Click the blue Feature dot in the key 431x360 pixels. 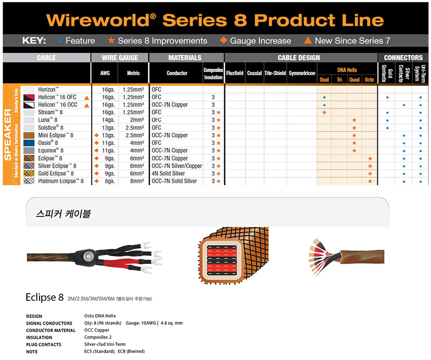(x=60, y=41)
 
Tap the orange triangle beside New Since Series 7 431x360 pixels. (x=308, y=41)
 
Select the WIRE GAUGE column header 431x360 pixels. (x=120, y=58)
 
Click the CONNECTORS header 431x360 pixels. (x=403, y=58)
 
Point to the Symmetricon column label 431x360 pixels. (x=302, y=73)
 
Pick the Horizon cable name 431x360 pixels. (x=48, y=89)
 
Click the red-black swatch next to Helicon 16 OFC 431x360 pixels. (x=29, y=97)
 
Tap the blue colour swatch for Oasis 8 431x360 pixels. (x=29, y=143)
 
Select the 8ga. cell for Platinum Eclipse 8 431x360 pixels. (x=110, y=181)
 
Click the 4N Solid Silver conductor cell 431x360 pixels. (x=168, y=173)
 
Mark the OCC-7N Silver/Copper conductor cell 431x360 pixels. (x=177, y=166)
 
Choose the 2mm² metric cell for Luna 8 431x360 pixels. (x=137, y=120)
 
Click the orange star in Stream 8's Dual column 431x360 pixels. (x=325, y=113)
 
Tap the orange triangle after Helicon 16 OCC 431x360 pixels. (x=87, y=105)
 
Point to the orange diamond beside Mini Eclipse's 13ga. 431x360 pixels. (x=96, y=135)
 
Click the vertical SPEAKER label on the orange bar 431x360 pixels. (x=8, y=134)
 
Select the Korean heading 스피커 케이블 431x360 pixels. (x=63, y=213)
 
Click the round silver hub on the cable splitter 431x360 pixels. (x=87, y=257)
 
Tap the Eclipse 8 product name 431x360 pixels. (x=45, y=297)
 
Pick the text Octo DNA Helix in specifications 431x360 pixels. (x=100, y=316)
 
